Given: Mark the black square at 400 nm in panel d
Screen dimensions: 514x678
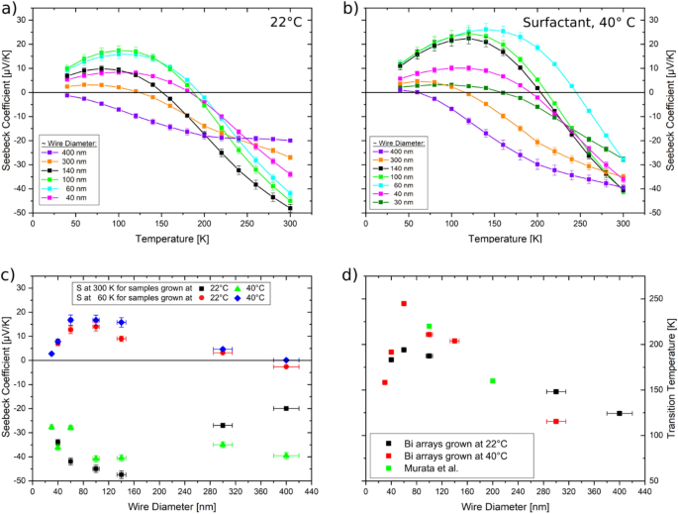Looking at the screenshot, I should (x=620, y=413).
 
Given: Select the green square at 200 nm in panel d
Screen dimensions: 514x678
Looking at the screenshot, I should (x=493, y=381).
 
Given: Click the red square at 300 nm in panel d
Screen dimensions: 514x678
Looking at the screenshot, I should (x=556, y=422).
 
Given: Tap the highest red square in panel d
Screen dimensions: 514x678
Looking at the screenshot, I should (x=404, y=304).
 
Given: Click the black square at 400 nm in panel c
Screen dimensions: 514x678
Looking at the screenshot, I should (x=286, y=408).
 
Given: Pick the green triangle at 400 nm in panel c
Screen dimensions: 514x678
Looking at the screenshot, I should (x=286, y=456).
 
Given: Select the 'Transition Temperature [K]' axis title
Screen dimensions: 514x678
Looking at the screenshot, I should (x=670, y=381).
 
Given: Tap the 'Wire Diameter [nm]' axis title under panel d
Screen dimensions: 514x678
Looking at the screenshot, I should (x=505, y=505).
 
